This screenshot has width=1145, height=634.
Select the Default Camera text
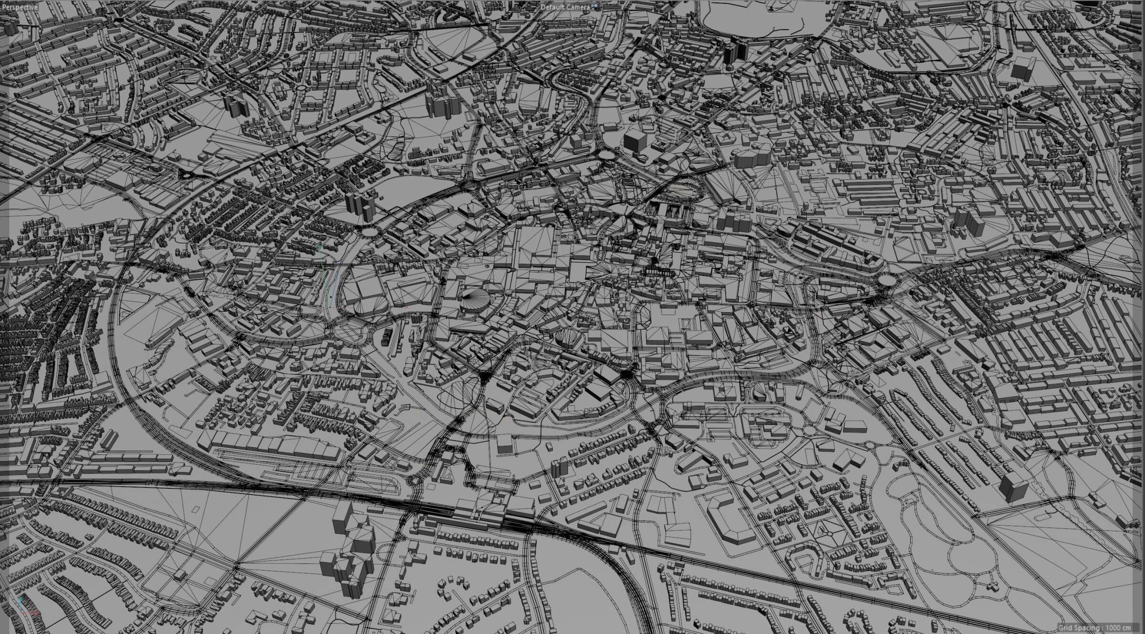point(566,7)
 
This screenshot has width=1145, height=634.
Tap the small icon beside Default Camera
point(595,7)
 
